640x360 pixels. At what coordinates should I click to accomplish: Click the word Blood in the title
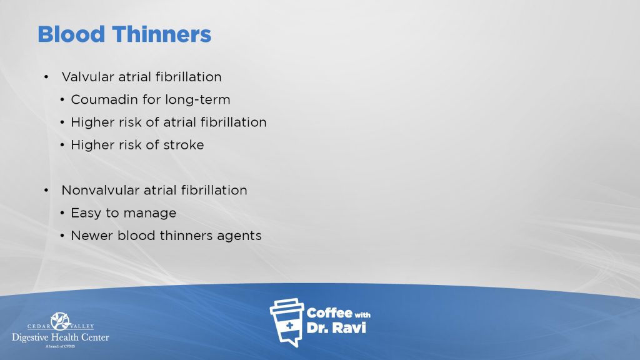click(x=71, y=34)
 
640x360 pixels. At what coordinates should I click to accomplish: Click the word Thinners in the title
click(x=162, y=34)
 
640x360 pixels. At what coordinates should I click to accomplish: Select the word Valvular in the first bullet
click(x=87, y=77)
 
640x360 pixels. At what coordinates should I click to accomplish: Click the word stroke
click(x=184, y=145)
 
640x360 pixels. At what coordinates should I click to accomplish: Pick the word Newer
click(x=92, y=236)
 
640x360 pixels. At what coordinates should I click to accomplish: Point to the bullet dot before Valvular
click(x=46, y=77)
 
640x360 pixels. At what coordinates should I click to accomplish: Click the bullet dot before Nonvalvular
click(x=46, y=190)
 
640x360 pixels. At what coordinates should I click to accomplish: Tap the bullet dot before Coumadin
click(x=62, y=99)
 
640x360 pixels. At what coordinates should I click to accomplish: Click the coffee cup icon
click(x=287, y=322)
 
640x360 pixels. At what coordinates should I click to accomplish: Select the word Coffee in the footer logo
click(x=329, y=313)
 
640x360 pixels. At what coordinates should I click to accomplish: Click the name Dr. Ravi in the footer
click(x=336, y=327)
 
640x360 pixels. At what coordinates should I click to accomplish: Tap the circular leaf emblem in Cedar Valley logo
click(x=61, y=321)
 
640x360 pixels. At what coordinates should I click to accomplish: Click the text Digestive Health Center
click(x=61, y=337)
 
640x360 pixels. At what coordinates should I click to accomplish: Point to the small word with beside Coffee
click(x=362, y=315)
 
